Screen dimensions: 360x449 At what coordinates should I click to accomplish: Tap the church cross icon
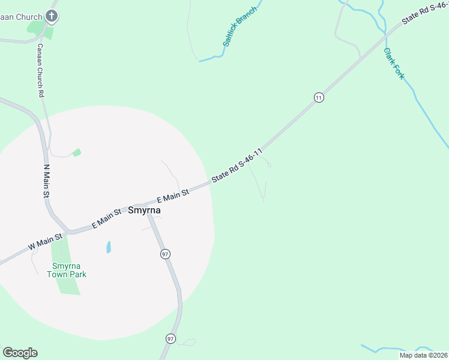click(52, 16)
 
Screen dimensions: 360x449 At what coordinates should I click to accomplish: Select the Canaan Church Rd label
click(40, 70)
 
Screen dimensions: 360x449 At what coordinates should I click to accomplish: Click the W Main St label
click(45, 242)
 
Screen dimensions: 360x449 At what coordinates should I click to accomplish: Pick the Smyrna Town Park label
click(69, 270)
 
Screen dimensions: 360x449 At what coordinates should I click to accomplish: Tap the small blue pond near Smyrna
click(109, 247)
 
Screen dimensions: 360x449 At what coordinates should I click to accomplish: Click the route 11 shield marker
click(319, 97)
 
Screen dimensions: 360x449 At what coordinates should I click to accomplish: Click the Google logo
click(20, 353)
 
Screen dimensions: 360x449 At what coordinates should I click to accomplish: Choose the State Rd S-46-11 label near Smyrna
click(238, 166)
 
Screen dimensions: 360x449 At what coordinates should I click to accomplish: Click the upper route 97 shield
click(165, 254)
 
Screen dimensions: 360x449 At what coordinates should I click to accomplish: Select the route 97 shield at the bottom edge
click(171, 338)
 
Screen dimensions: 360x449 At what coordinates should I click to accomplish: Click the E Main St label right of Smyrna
click(173, 195)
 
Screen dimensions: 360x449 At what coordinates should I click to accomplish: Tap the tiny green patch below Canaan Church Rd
click(76, 152)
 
